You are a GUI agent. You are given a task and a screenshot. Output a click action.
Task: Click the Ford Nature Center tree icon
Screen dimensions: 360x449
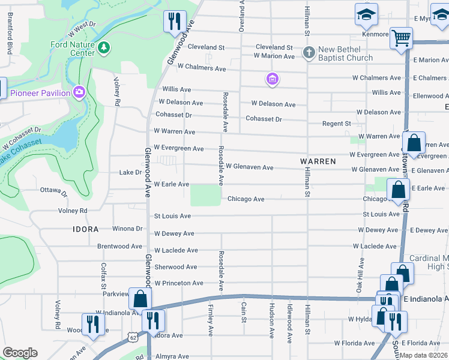pyautogui.click(x=104, y=47)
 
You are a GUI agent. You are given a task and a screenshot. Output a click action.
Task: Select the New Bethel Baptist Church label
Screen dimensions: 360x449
pyautogui.click(x=345, y=53)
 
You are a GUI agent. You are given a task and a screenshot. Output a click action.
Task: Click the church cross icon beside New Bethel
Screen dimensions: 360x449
pyautogui.click(x=309, y=52)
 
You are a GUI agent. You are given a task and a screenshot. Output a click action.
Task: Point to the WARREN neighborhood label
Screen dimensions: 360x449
pyautogui.click(x=318, y=162)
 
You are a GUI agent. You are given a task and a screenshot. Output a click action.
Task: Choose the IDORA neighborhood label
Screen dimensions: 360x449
pyautogui.click(x=85, y=229)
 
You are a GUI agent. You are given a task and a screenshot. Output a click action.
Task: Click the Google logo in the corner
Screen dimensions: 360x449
pyautogui.click(x=20, y=352)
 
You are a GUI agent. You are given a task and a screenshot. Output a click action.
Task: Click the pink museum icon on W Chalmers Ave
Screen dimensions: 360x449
pyautogui.click(x=273, y=79)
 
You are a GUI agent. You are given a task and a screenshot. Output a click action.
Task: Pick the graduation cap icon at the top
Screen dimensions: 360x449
pyautogui.click(x=364, y=16)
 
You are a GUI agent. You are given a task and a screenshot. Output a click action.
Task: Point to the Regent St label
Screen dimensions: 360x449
pyautogui.click(x=337, y=124)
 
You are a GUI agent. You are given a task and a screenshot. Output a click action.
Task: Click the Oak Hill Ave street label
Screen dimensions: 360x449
pyautogui.click(x=361, y=274)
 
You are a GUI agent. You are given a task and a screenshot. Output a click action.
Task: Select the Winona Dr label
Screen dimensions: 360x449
pyautogui.click(x=127, y=229)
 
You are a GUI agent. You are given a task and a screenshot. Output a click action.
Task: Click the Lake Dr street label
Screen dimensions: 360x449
pyautogui.click(x=130, y=172)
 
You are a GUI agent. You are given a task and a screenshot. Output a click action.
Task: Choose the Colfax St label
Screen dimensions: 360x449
pyautogui.click(x=103, y=266)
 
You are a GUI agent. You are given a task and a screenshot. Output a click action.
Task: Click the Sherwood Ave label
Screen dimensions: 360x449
pyautogui.click(x=175, y=267)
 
